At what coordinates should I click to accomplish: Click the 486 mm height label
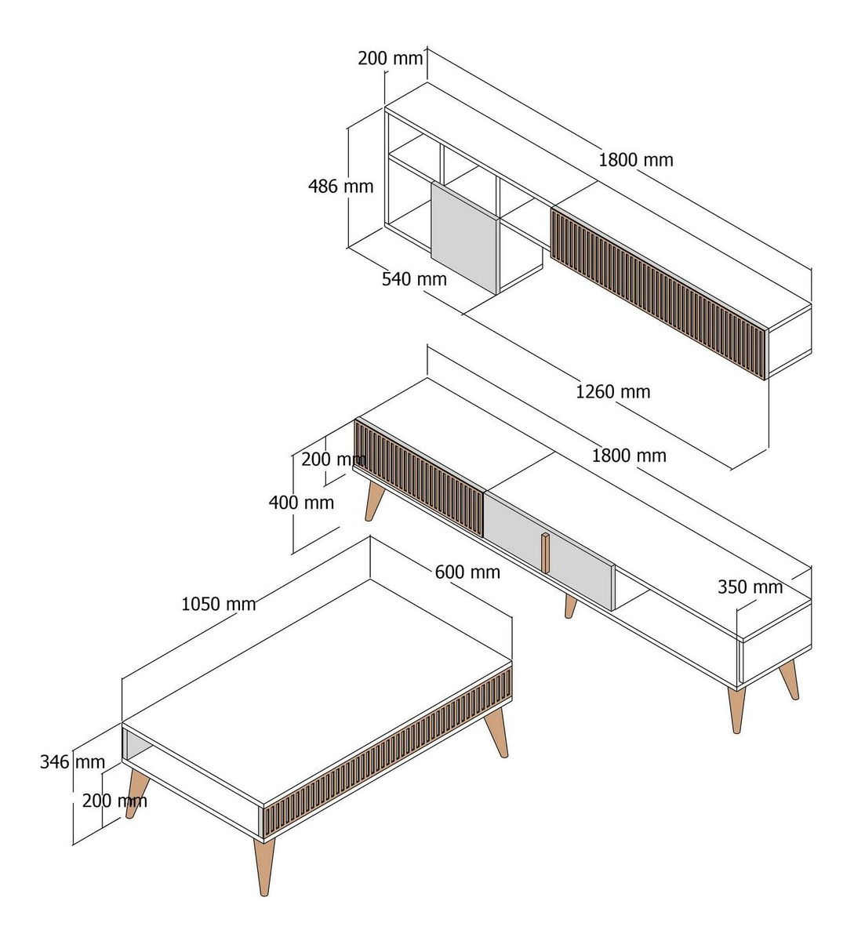[x=340, y=187]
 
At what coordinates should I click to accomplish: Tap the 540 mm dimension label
[x=414, y=279]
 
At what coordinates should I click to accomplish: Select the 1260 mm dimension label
[x=612, y=392]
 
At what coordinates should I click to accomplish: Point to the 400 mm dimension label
[x=301, y=503]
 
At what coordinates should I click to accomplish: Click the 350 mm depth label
[x=750, y=587]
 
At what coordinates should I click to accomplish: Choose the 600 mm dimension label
[x=467, y=572]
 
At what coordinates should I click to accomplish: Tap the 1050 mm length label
[x=219, y=604]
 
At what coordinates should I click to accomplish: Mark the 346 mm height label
[x=72, y=762]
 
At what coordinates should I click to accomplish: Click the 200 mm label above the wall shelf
[x=391, y=59]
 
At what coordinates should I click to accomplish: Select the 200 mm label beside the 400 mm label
[x=333, y=460]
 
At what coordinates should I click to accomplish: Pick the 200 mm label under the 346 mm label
[x=114, y=801]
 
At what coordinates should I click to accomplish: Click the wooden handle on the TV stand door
[x=545, y=553]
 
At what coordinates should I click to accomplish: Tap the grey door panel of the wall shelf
[x=464, y=238]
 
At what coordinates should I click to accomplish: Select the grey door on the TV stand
[x=549, y=550]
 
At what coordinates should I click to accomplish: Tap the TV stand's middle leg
[x=570, y=606]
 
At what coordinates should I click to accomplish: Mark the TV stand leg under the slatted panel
[x=374, y=501]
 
